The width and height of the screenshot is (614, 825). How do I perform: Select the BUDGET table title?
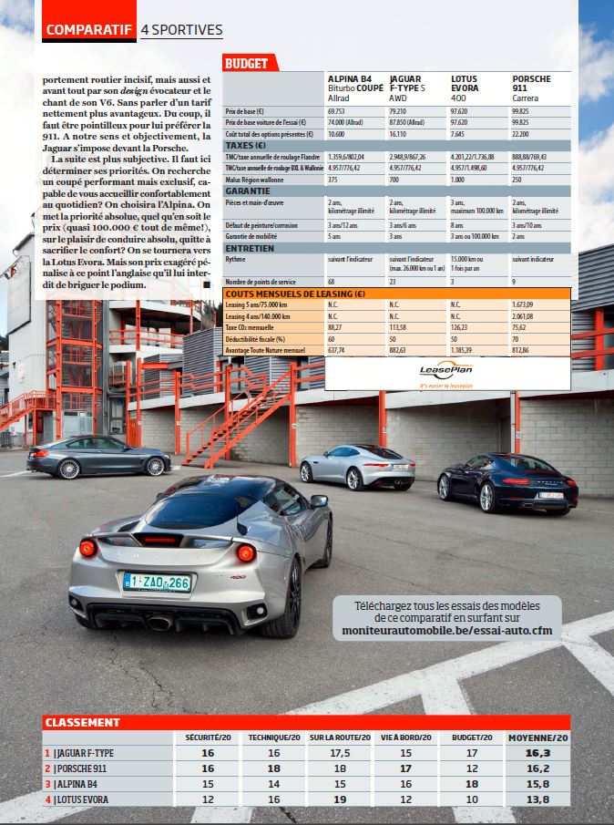point(247,64)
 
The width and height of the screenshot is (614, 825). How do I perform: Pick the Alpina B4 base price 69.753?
point(341,110)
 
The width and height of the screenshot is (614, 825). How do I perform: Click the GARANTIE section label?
point(249,191)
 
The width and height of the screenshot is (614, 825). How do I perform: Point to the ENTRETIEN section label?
point(250,248)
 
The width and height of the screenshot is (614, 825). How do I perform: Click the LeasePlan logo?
point(445,370)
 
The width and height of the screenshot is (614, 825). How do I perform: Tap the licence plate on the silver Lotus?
point(158,581)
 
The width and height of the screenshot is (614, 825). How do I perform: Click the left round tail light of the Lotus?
point(88,548)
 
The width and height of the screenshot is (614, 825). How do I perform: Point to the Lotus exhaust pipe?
point(159,623)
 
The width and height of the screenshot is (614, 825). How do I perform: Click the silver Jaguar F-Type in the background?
point(356,467)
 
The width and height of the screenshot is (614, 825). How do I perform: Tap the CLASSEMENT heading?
point(83,722)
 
